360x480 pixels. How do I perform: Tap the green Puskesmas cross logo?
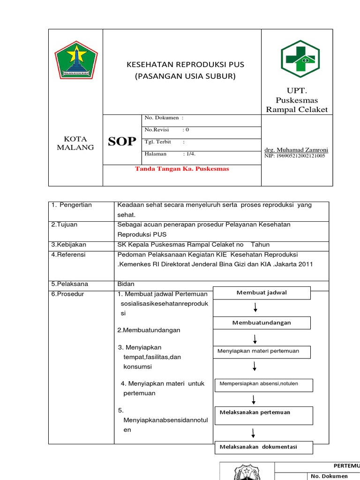click(300, 60)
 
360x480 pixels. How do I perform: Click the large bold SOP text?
click(122, 142)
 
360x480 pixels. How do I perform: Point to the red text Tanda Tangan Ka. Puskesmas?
click(182, 169)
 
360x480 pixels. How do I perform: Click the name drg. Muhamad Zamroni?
click(296, 150)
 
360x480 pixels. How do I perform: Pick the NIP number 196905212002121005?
click(295, 156)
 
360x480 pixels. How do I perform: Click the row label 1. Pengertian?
click(72, 205)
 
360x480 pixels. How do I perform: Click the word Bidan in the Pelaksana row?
click(126, 284)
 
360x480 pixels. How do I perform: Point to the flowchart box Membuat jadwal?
click(262, 292)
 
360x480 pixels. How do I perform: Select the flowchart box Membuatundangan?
click(262, 322)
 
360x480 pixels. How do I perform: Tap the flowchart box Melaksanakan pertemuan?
click(263, 412)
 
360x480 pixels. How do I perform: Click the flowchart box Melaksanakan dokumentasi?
click(262, 447)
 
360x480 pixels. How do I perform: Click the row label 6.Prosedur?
click(67, 293)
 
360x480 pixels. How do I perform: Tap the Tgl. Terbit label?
click(158, 142)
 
